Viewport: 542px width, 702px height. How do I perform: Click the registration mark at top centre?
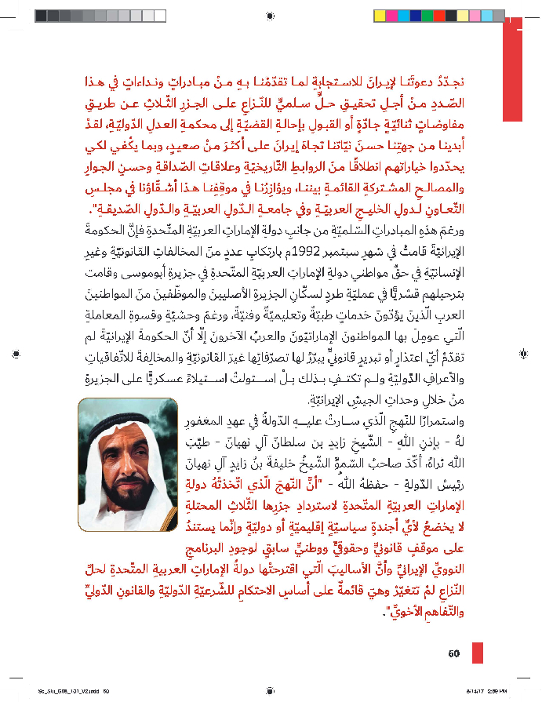(x=271, y=15)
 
